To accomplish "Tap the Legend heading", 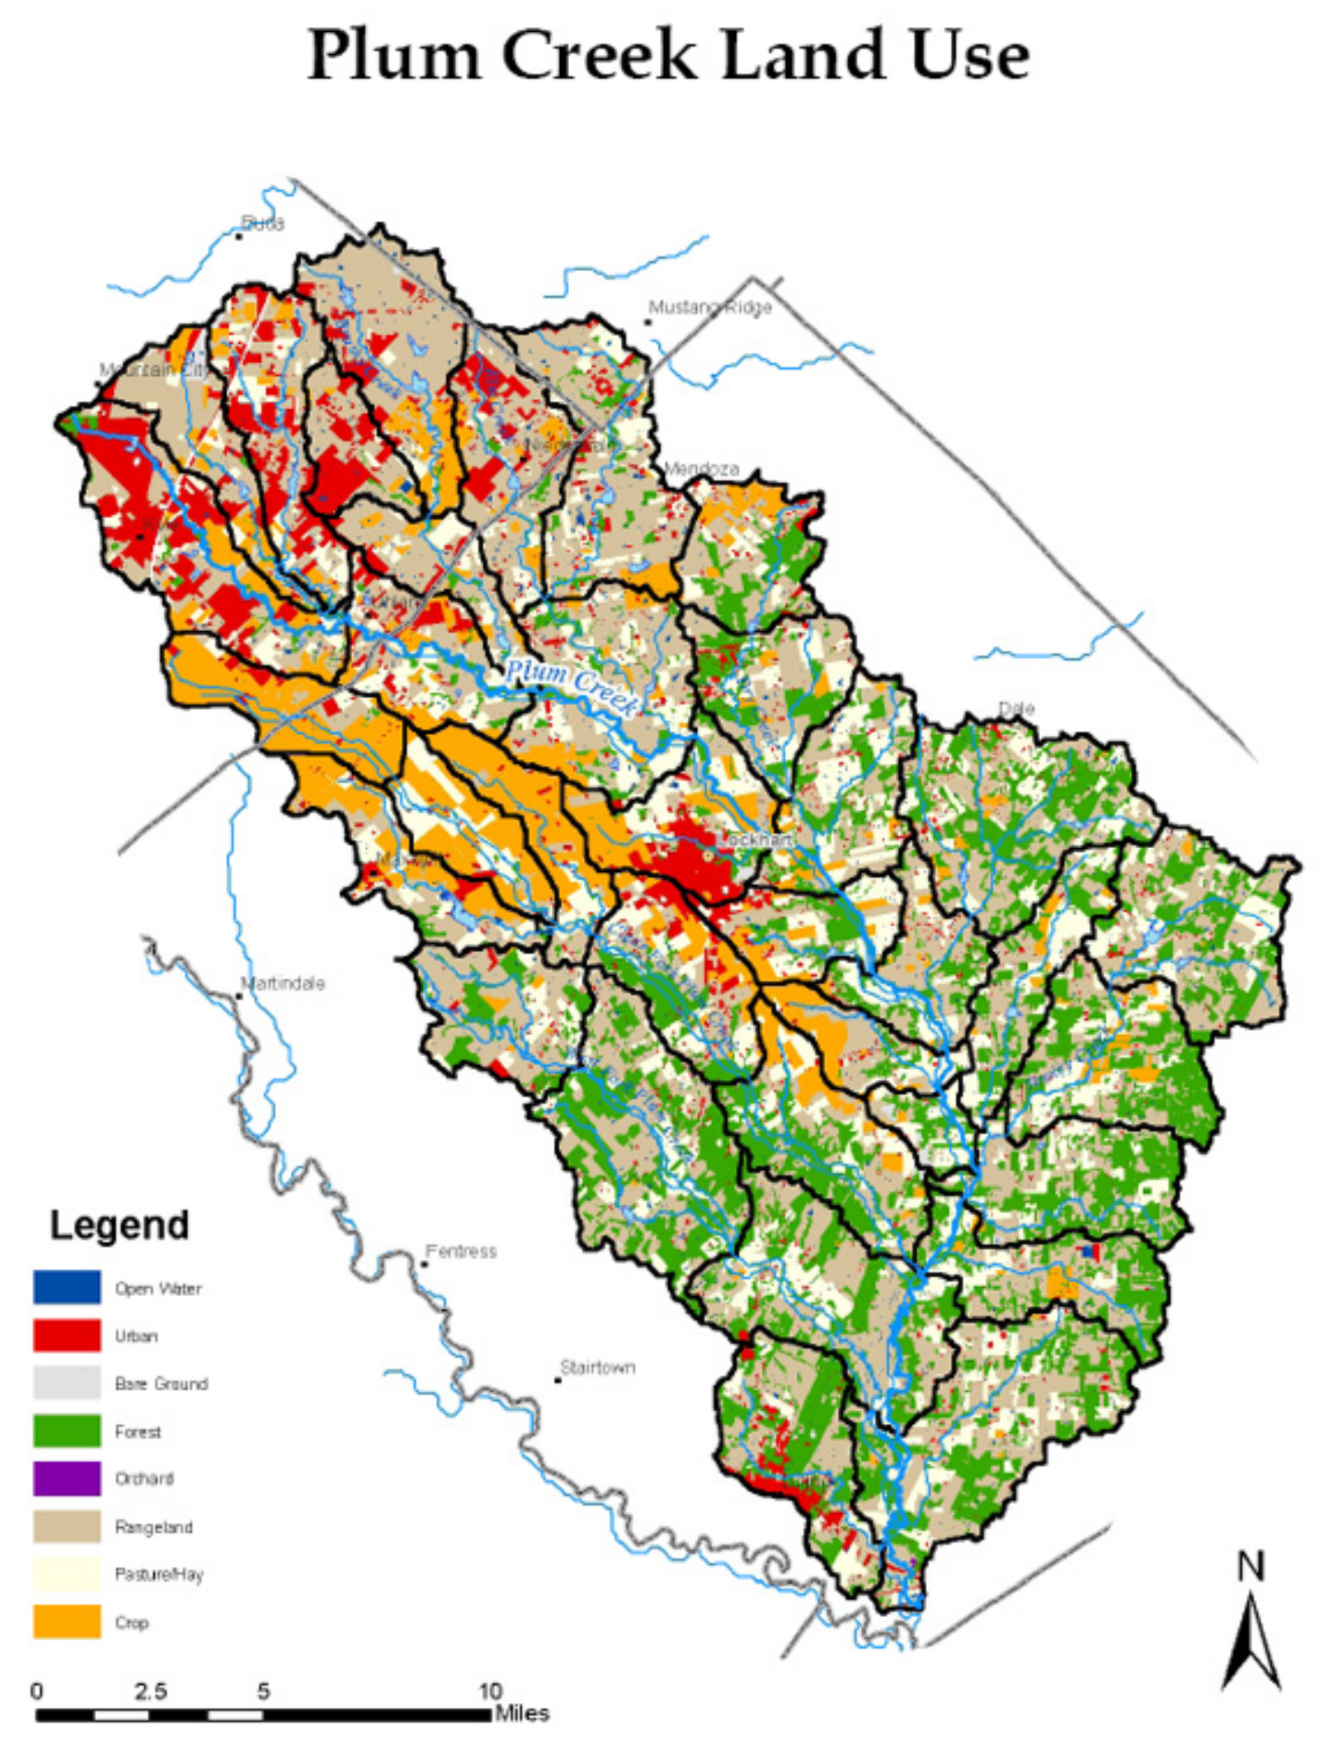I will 120,1226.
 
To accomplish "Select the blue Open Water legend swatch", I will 67,1287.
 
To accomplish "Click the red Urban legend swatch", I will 67,1335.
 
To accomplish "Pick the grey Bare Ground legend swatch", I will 67,1383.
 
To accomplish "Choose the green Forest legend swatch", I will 67,1431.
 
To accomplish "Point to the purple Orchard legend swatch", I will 67,1479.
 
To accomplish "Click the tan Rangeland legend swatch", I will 67,1527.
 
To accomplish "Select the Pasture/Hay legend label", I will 159,1574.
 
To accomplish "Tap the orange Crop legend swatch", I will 67,1622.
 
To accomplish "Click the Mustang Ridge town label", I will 710,308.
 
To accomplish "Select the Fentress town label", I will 461,1251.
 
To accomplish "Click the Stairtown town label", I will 598,1367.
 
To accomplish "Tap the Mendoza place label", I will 701,469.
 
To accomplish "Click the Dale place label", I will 1016,708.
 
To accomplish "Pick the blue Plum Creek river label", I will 571,686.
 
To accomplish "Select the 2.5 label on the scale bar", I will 150,1692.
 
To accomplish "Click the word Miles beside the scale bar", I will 522,1714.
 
